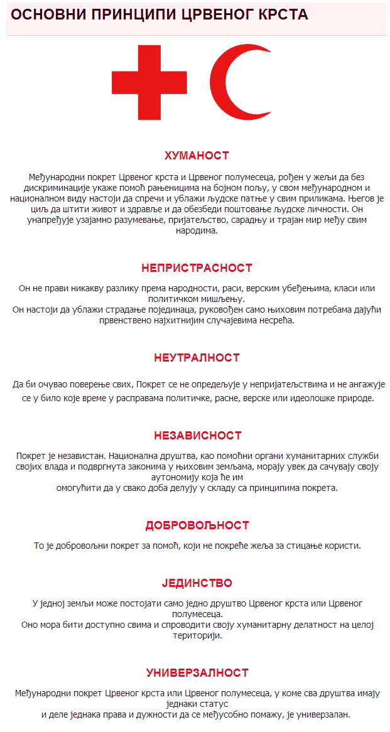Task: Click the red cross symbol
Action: tap(149, 82)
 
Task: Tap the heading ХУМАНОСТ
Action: tap(197, 156)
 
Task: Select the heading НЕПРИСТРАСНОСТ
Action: tap(197, 268)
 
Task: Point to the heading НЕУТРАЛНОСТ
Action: tap(197, 358)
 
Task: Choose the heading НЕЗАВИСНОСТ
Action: tap(197, 436)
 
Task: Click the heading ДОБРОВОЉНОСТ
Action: tap(197, 525)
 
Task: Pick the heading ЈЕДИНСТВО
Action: tap(197, 584)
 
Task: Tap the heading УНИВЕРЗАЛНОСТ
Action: tap(197, 673)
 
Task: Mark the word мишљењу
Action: tap(224, 299)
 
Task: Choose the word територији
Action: tap(197, 635)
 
